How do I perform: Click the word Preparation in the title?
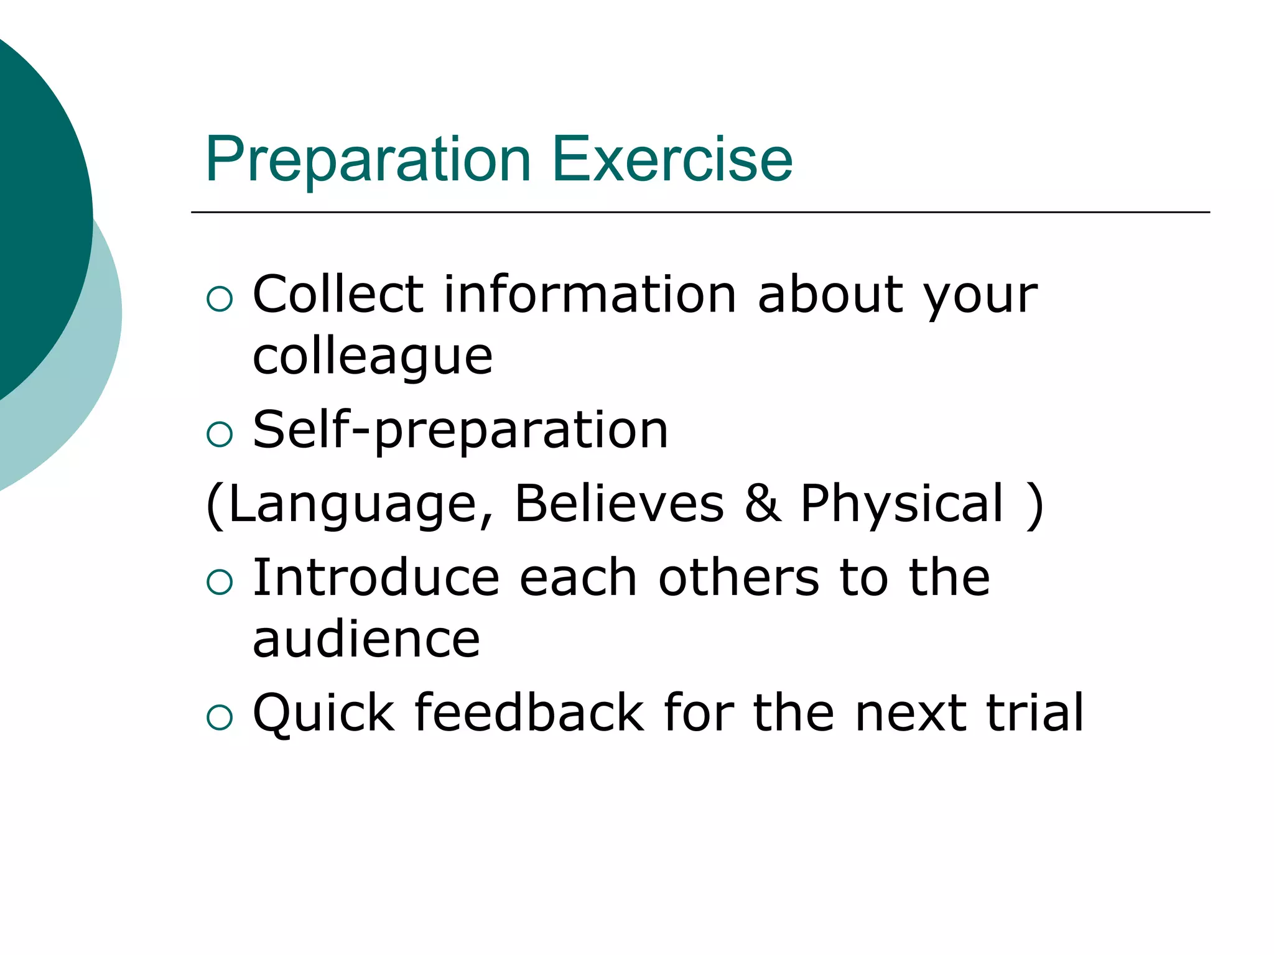[368, 161]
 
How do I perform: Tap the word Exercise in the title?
[672, 160]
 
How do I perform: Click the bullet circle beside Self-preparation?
[220, 434]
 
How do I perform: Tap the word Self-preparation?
[460, 430]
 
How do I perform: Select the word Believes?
[620, 503]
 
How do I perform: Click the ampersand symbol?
[763, 503]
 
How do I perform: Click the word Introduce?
[376, 578]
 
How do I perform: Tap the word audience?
[366, 640]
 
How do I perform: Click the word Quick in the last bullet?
[323, 713]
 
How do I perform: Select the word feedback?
[529, 713]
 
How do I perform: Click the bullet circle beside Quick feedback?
[220, 717]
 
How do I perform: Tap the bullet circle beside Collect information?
[220, 299]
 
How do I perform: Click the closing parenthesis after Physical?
[1034, 505]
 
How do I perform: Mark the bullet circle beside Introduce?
[220, 582]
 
